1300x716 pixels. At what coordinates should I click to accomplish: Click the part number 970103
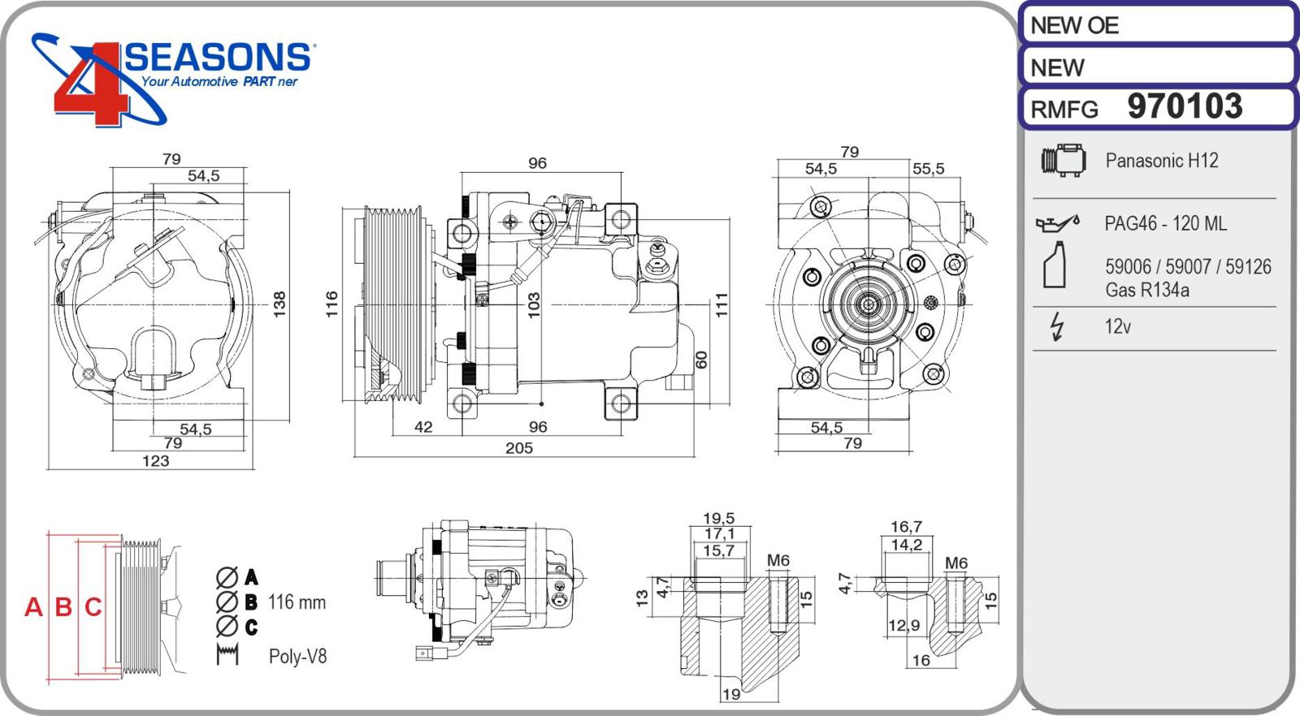click(1185, 106)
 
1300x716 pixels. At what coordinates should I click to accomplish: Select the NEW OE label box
click(1156, 25)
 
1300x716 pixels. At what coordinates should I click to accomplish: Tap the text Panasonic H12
click(1161, 161)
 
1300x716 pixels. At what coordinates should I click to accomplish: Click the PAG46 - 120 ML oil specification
click(1165, 223)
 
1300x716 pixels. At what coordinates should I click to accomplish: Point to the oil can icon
click(1057, 222)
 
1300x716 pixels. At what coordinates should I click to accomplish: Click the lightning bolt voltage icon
click(1056, 326)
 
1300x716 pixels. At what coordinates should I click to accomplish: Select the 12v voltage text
click(1117, 326)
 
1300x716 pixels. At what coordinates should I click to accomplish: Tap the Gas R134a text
click(1146, 290)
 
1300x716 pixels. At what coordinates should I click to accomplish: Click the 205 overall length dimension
click(518, 448)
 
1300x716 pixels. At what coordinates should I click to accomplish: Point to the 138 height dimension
click(279, 304)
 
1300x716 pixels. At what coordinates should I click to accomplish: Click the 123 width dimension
click(155, 461)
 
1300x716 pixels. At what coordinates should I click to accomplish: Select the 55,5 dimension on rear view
click(928, 169)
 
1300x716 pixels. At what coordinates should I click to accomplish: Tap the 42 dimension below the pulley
click(423, 427)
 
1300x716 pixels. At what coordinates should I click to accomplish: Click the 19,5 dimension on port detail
click(718, 518)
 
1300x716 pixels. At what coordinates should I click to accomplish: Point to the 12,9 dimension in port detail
click(903, 626)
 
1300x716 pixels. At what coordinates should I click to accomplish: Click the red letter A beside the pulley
click(33, 606)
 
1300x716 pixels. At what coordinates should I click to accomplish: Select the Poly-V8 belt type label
click(297, 656)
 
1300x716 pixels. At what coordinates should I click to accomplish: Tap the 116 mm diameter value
click(297, 602)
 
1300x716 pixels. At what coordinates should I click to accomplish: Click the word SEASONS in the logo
click(218, 58)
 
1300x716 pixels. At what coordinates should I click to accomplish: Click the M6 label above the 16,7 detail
click(956, 563)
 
